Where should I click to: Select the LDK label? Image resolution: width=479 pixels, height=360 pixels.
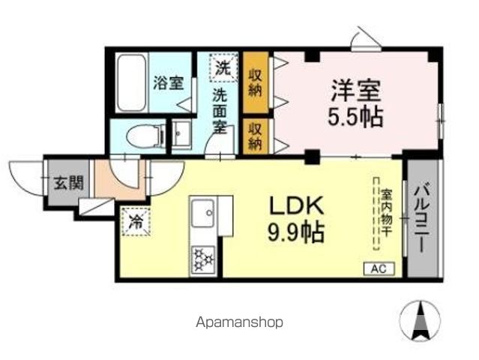coord(297,206)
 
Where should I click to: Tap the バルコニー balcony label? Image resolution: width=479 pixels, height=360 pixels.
coord(421,217)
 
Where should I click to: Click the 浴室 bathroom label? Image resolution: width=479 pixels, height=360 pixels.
coord(168,82)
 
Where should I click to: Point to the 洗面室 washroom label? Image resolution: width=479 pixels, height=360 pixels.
coord(220,110)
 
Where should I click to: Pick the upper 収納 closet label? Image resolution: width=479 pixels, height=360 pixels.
coord(256,76)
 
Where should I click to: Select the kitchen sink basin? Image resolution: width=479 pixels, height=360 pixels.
coord(203,217)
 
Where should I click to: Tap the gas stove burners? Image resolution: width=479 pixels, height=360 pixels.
coord(203,259)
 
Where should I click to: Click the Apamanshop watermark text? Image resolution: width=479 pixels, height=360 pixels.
coord(240,322)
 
